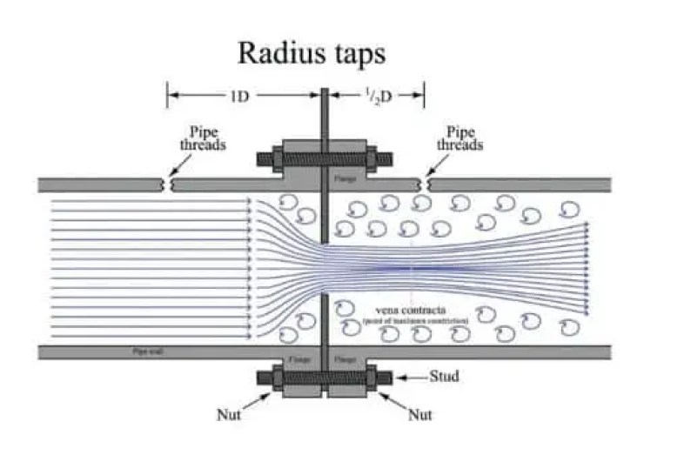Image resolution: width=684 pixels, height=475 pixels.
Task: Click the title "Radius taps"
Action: pyautogui.click(x=311, y=53)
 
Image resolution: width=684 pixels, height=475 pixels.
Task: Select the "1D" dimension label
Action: pyautogui.click(x=241, y=96)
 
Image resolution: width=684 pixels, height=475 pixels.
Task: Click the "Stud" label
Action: pyautogui.click(x=444, y=377)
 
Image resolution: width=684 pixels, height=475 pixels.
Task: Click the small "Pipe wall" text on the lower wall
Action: pyautogui.click(x=144, y=351)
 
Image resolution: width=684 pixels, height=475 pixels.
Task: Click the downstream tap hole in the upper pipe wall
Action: pyautogui.click(x=425, y=184)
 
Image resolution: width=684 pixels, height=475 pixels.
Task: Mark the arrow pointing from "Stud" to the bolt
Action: pyautogui.click(x=412, y=378)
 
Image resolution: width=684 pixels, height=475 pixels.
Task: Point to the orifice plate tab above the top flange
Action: pyautogui.click(x=323, y=113)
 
